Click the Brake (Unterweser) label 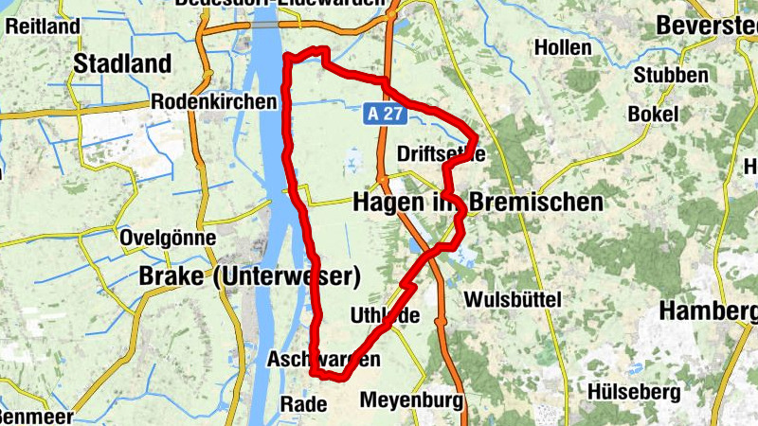pyautogui.click(x=250, y=277)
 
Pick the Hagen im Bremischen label pyautogui.click(x=478, y=202)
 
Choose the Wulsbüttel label pyautogui.click(x=513, y=299)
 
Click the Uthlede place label pyautogui.click(x=385, y=315)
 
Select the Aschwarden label pyautogui.click(x=324, y=360)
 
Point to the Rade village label pyautogui.click(x=303, y=404)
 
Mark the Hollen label pyautogui.click(x=563, y=47)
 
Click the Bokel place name pyautogui.click(x=653, y=114)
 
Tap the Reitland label pyautogui.click(x=43, y=27)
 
